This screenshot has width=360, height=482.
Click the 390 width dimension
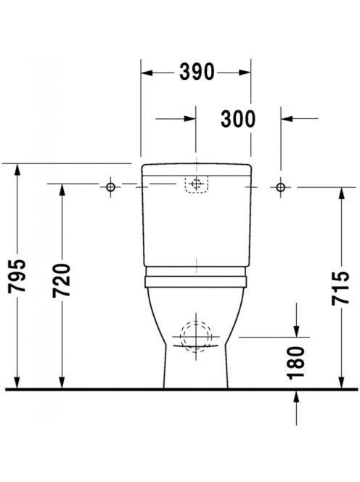click(x=197, y=73)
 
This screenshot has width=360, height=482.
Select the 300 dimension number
click(x=238, y=119)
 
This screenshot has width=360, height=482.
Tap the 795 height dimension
click(x=17, y=276)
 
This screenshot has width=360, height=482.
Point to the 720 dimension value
click(x=62, y=280)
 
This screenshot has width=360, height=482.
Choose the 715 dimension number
click(x=340, y=288)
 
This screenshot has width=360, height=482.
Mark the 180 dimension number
click(x=295, y=363)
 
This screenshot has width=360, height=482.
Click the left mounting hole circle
click(x=110, y=187)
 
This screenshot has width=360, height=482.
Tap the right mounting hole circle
click(x=280, y=187)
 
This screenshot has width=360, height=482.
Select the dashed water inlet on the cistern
click(x=196, y=184)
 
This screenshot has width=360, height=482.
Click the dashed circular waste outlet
click(x=196, y=336)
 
